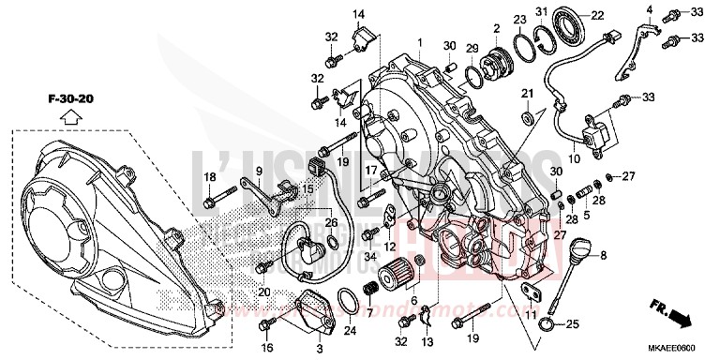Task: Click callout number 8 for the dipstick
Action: [629, 254]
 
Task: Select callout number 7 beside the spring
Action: [369, 312]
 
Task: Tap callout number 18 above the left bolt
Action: [210, 177]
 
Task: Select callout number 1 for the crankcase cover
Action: [420, 43]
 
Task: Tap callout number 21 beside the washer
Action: [527, 92]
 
